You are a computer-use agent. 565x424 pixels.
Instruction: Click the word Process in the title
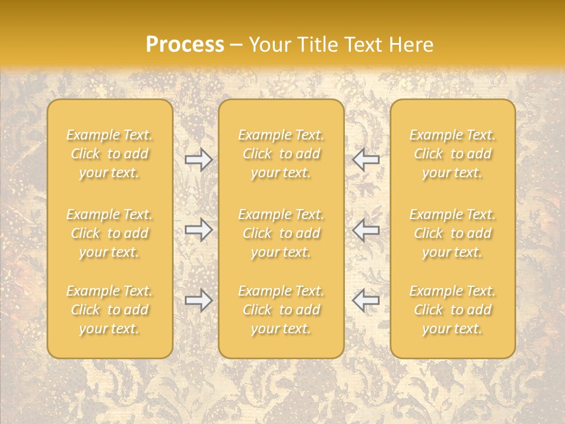tap(185, 45)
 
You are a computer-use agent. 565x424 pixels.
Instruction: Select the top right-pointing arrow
tap(199, 159)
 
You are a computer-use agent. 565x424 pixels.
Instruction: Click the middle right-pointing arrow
tap(199, 230)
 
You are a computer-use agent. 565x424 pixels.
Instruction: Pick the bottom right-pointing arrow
tap(199, 300)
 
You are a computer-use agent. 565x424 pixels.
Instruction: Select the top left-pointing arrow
tap(365, 159)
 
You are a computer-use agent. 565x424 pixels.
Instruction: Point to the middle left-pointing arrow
tap(365, 230)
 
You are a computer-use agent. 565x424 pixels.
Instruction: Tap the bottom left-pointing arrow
tap(365, 300)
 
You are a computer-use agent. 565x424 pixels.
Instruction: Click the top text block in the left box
tap(109, 154)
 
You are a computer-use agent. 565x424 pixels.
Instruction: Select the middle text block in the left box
tap(109, 233)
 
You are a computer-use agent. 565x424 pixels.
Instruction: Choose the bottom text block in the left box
tap(109, 310)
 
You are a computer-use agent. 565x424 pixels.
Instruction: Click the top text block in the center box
tap(281, 154)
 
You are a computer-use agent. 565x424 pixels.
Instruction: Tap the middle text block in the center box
tap(281, 233)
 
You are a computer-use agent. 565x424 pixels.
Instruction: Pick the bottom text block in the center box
tap(281, 310)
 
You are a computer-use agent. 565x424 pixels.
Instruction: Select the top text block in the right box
tap(453, 154)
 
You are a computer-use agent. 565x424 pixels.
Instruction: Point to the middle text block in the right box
tap(453, 233)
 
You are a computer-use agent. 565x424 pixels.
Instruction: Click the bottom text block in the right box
tap(453, 310)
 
